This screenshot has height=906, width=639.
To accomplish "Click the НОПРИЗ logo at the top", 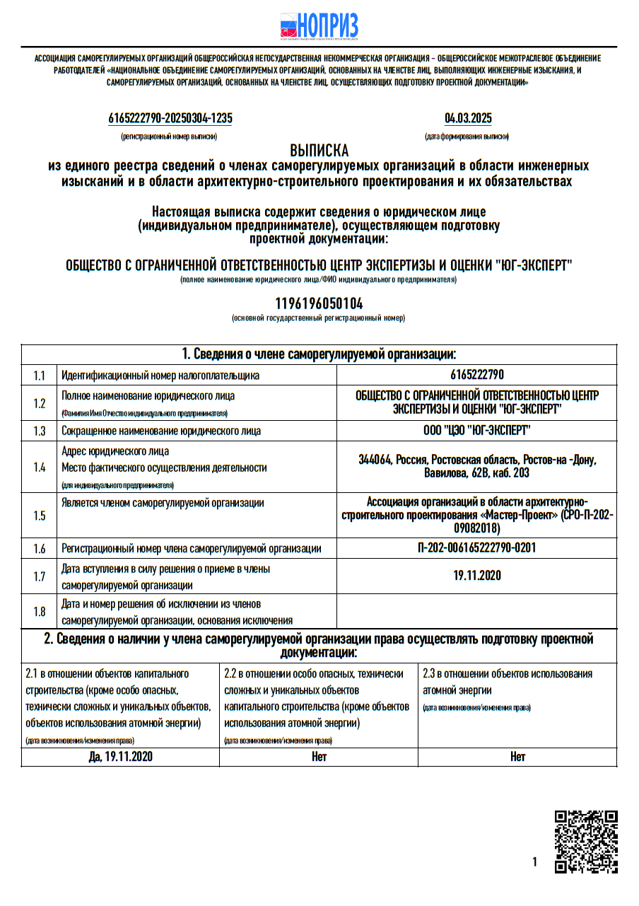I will (319, 27).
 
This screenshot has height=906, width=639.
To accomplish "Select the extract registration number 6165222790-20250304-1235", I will (170, 118).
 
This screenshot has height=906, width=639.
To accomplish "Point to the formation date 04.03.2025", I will (468, 118).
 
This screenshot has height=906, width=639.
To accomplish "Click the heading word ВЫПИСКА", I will (319, 151).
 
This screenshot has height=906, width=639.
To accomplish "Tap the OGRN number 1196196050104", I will (319, 303).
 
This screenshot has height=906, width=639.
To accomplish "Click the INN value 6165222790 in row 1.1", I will (476, 375).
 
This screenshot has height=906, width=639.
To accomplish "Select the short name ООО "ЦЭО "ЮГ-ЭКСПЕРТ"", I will (476, 430).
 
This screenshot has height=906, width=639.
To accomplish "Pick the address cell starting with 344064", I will (477, 466).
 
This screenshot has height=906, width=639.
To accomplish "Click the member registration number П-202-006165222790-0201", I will (476, 548).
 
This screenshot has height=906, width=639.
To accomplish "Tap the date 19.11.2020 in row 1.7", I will (477, 576).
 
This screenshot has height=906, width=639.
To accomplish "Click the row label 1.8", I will (39, 612).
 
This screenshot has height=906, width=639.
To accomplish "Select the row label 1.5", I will (39, 516).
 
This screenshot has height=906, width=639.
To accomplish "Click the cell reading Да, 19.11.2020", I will (121, 757).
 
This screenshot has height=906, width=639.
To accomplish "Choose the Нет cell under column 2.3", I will (517, 757).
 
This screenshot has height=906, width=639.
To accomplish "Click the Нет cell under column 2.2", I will (319, 757).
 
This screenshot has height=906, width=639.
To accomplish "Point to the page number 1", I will (535, 861).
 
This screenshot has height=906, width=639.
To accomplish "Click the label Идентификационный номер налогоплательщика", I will (160, 375).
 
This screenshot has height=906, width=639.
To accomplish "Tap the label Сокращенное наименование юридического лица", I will (161, 430).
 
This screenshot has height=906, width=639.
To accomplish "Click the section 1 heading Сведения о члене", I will (319, 354).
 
